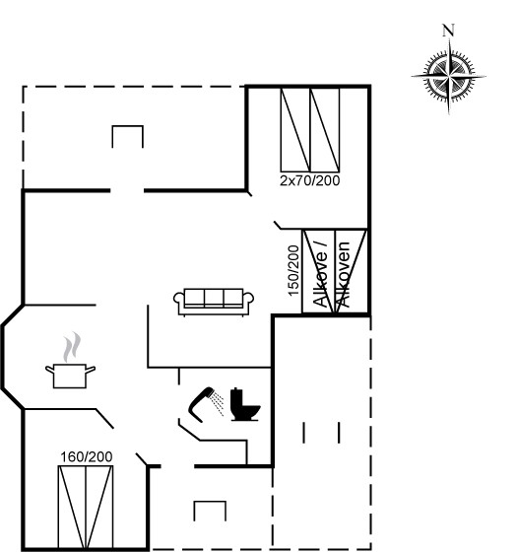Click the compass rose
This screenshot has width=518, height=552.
[x=449, y=76]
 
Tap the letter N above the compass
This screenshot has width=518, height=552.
[x=448, y=31]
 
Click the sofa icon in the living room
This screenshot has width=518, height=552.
[x=214, y=302]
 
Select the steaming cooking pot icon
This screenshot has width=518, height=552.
[x=70, y=361]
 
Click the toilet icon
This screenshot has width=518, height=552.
[x=245, y=404]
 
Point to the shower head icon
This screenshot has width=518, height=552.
[x=202, y=404]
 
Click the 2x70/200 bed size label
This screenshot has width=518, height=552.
[x=310, y=180]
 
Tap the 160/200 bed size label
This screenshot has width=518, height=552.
[x=87, y=456]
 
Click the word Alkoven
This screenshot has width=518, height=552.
[x=343, y=274]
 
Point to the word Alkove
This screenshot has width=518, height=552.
[x=320, y=275]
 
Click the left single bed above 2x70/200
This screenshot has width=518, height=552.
[x=295, y=130]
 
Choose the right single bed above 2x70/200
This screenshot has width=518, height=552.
[x=325, y=130]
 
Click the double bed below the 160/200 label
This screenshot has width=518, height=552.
[x=86, y=507]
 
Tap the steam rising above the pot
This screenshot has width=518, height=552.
[x=72, y=347]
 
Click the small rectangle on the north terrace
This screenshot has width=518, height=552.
[x=128, y=137]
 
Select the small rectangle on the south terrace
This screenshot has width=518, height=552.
[x=210, y=511]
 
